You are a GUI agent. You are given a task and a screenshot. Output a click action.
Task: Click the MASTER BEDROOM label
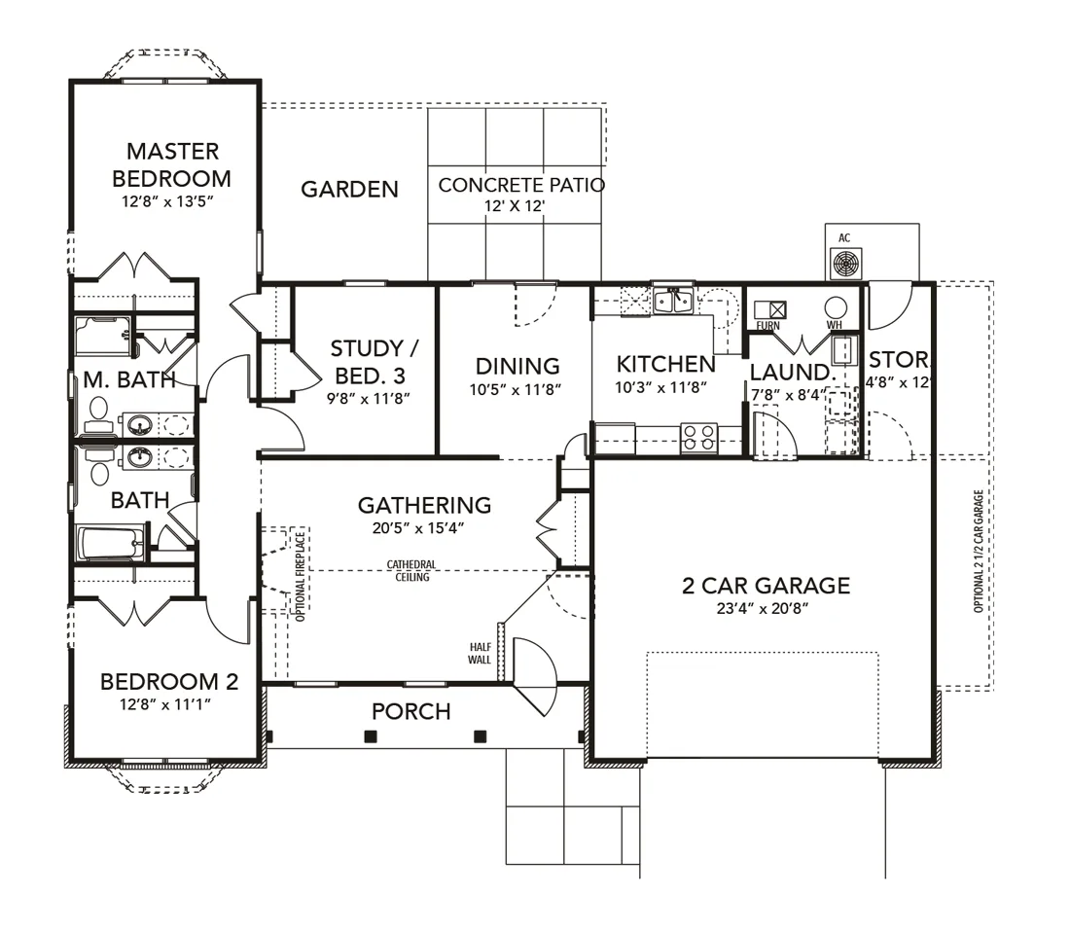pyautogui.click(x=172, y=164)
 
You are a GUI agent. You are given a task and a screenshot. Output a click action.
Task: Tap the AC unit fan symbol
pyautogui.click(x=846, y=264)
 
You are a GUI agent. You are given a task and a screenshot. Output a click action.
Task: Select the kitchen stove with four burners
pyautogui.click(x=698, y=438)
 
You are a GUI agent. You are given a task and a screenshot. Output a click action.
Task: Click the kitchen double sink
pyautogui.click(x=673, y=301)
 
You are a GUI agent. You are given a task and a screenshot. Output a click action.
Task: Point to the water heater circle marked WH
pyautogui.click(x=836, y=307)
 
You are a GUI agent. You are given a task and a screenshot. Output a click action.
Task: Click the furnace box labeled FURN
pyautogui.click(x=769, y=309)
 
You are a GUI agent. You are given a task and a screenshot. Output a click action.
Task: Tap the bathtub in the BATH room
pyautogui.click(x=112, y=543)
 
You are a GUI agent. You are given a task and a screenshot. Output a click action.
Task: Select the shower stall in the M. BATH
pyautogui.click(x=103, y=336)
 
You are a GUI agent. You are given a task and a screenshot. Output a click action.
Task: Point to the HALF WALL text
pyautogui.click(x=479, y=653)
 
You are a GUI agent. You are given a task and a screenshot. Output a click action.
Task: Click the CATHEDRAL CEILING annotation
pyautogui.click(x=411, y=570)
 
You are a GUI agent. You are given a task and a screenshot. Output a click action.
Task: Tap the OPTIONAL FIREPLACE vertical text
pyautogui.click(x=301, y=576)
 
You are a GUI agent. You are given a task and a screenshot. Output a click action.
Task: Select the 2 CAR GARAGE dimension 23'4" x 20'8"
pyautogui.click(x=763, y=608)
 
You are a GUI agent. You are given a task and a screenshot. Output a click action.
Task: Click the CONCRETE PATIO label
pyautogui.click(x=521, y=185)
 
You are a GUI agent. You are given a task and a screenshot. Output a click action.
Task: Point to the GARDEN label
pyautogui.click(x=349, y=189)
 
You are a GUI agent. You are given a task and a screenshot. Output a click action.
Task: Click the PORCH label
pyautogui.click(x=410, y=712)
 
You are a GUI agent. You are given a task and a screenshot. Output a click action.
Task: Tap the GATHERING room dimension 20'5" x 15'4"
pyautogui.click(x=417, y=527)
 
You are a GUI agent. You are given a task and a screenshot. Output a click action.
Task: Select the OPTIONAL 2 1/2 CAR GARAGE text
pyautogui.click(x=979, y=551)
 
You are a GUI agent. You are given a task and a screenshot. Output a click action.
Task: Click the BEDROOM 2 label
pyautogui.click(x=169, y=681)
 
